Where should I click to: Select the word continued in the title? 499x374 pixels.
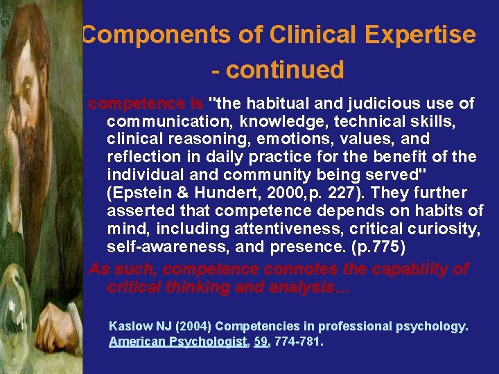pos(285,70)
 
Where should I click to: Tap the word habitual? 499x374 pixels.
pos(280,104)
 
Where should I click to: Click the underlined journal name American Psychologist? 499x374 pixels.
pos(178,341)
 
